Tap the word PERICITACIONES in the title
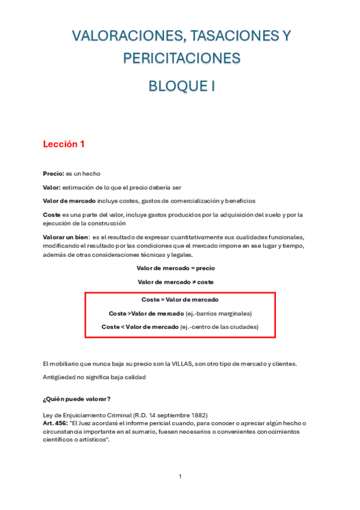click(x=182, y=58)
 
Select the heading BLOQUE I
click(x=182, y=87)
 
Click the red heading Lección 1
click(x=64, y=144)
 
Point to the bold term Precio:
click(x=53, y=174)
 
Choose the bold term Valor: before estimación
click(x=52, y=187)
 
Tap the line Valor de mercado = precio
click(x=175, y=268)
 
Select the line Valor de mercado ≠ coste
click(x=175, y=281)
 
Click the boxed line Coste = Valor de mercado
click(x=180, y=300)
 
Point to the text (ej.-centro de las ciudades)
click(x=219, y=327)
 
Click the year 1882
click(x=198, y=415)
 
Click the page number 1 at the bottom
click(x=180, y=476)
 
